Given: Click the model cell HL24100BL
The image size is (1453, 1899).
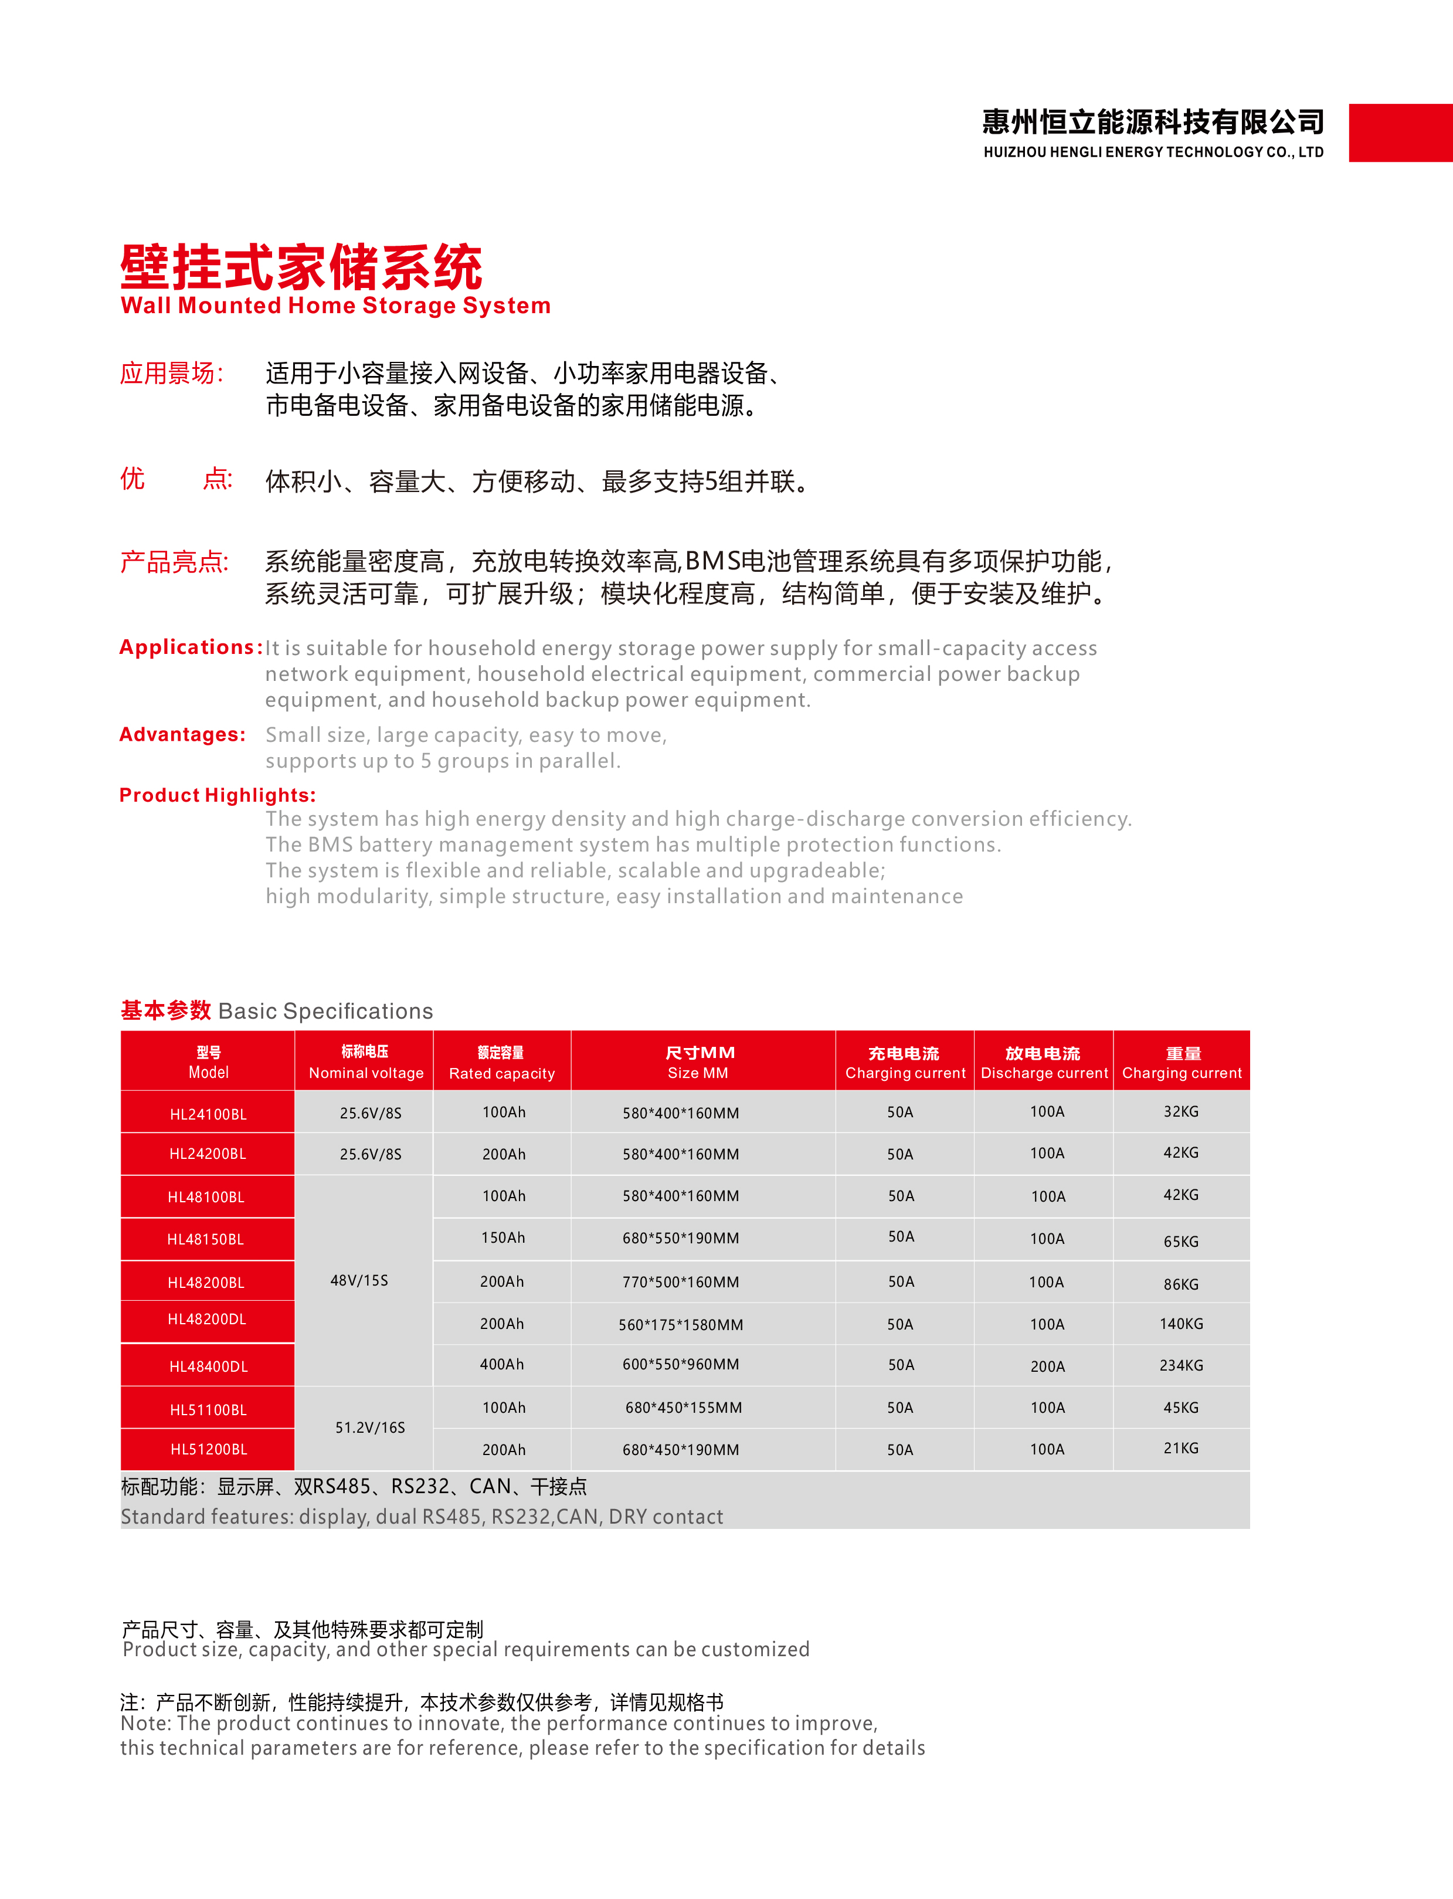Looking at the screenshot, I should (x=208, y=1114).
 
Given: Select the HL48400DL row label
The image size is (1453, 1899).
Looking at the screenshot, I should (x=208, y=1366).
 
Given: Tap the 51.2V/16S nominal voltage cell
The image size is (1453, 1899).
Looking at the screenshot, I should (x=369, y=1427).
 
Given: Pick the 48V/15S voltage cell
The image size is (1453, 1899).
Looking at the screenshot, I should (x=359, y=1280).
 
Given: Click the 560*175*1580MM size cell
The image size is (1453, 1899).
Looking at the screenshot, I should (x=681, y=1324).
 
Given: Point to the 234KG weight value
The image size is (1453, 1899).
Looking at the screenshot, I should (x=1180, y=1364).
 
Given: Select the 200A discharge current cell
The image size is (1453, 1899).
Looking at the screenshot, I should (x=1047, y=1366).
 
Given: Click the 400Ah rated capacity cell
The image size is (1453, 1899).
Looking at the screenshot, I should (x=502, y=1364).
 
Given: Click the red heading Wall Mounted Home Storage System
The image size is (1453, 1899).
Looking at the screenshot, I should (x=335, y=306).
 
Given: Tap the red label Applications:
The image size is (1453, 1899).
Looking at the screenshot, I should (x=190, y=647).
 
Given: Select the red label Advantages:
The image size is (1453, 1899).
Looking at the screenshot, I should (x=182, y=734).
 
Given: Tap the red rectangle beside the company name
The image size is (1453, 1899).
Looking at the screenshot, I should (x=1400, y=133).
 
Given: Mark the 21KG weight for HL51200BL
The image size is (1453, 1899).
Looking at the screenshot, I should (x=1180, y=1447).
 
